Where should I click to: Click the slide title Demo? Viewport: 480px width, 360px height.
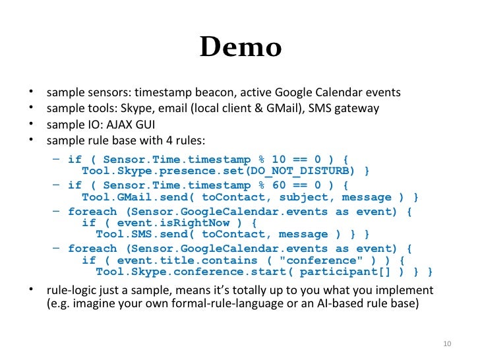[x=240, y=47]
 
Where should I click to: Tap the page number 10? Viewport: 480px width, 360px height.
[x=446, y=344]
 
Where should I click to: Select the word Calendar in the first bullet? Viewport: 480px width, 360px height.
[x=340, y=92]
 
